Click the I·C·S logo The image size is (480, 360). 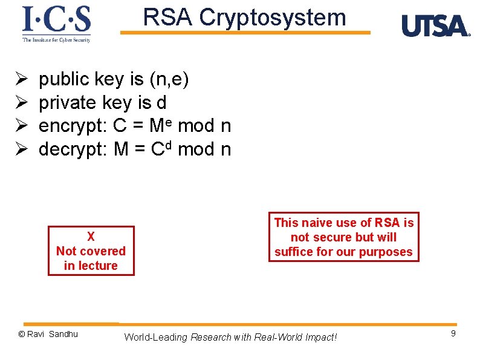57,23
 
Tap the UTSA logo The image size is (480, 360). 435,26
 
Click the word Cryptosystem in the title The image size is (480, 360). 273,18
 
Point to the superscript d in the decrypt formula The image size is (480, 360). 170,145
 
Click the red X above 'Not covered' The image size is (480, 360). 91,237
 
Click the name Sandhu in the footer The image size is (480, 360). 63,334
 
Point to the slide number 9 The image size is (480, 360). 453,334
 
